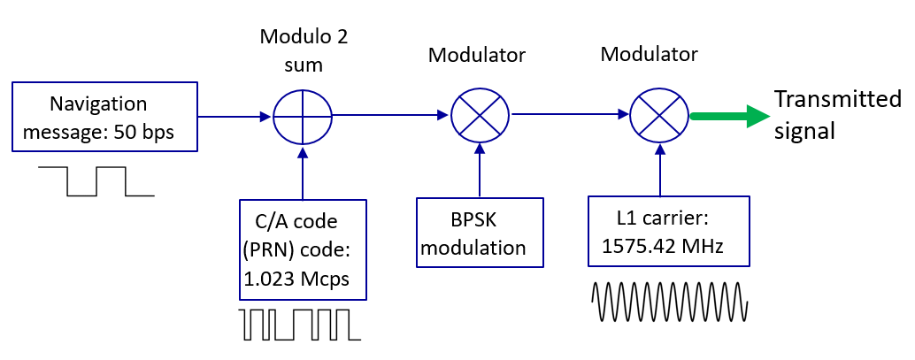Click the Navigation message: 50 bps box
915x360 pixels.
[104, 119]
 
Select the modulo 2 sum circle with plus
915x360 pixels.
[302, 117]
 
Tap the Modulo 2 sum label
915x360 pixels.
[304, 51]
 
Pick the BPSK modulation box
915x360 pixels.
[479, 232]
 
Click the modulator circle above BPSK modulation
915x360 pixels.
[480, 116]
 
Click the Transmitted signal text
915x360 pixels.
[836, 115]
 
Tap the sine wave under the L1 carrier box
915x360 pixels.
[670, 302]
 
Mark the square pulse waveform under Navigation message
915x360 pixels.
[97, 180]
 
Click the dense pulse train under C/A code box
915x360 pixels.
[299, 325]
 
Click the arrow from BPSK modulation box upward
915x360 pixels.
[480, 171]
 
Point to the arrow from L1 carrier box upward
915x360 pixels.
[658, 171]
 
